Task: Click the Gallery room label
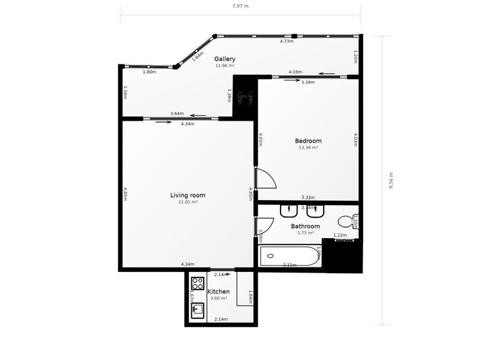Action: (x=225, y=59)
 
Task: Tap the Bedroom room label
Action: (x=308, y=141)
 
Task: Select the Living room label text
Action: (x=187, y=195)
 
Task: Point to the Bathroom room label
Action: (x=306, y=226)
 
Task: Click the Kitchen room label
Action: (x=219, y=291)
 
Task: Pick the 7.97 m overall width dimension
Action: (x=240, y=6)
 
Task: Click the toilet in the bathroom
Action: (x=346, y=222)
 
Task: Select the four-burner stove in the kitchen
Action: (x=198, y=284)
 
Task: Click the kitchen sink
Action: (x=197, y=309)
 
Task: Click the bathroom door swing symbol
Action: (x=264, y=226)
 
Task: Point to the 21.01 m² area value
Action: (x=187, y=202)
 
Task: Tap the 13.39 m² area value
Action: (x=308, y=147)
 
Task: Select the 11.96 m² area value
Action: (x=225, y=65)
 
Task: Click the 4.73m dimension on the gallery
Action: (x=287, y=41)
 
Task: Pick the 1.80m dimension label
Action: (x=149, y=72)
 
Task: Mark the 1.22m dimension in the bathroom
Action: (x=340, y=235)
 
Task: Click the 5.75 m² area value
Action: (x=306, y=232)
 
